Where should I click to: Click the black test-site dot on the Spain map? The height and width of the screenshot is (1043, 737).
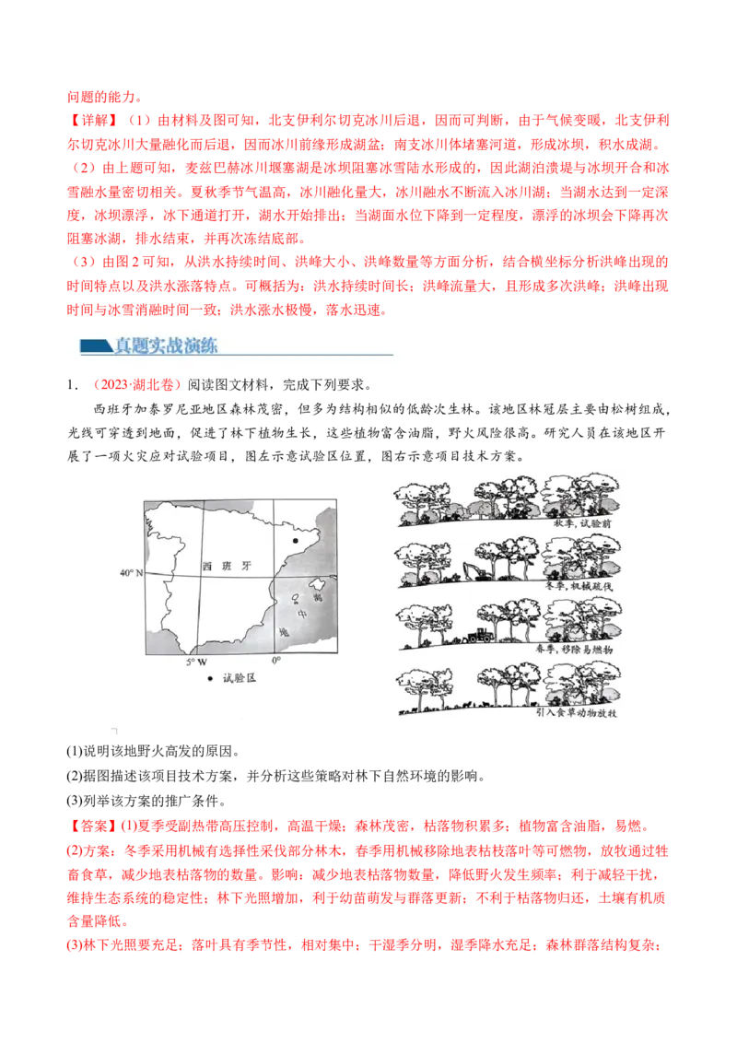(295, 541)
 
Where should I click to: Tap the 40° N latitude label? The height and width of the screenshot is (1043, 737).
(131, 573)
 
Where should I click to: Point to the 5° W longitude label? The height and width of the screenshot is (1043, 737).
(197, 662)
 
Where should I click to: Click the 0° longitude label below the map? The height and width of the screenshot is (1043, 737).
(276, 661)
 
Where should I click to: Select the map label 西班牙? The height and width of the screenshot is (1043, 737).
(227, 566)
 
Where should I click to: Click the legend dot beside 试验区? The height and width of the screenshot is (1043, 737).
(210, 678)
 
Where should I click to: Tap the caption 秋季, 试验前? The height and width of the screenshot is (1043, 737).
(582, 523)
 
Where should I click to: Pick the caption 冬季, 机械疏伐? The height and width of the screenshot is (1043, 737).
(578, 586)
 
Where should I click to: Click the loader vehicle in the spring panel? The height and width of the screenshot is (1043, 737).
(480, 635)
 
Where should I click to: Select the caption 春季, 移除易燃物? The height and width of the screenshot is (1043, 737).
(574, 649)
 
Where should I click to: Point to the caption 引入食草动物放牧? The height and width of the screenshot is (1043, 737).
(577, 712)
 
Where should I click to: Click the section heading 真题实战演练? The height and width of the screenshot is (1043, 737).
(166, 346)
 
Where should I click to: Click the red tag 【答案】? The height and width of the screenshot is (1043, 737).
(92, 826)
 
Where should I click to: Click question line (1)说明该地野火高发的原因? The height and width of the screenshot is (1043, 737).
(153, 752)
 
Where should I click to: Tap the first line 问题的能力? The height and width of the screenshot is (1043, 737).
(104, 97)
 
